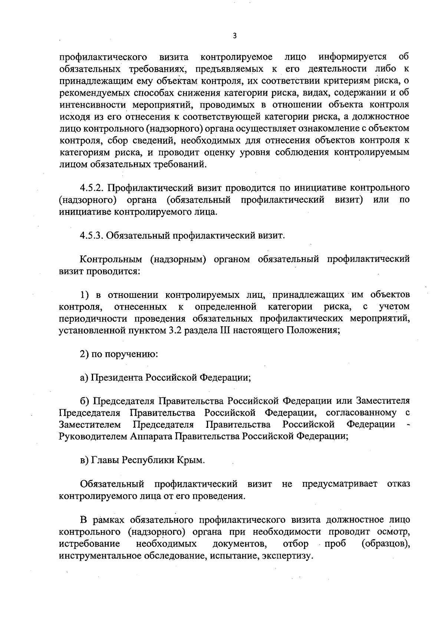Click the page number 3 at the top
click(x=234, y=36)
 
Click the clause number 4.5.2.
click(x=93, y=188)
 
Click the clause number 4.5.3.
click(x=93, y=235)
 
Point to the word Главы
click(x=106, y=460)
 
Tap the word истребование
click(x=89, y=544)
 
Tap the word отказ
click(x=399, y=484)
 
